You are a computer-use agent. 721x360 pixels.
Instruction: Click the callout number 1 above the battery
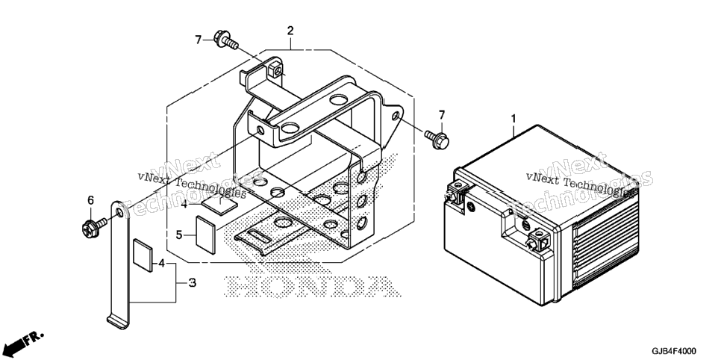514,118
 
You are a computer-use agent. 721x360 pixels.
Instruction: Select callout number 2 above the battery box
290,31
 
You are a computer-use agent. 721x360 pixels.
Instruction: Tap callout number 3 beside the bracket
193,283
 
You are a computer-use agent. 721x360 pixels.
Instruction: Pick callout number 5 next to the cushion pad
179,235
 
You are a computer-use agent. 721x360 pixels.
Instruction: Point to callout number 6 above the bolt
90,200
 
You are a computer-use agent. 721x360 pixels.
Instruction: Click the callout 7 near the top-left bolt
199,40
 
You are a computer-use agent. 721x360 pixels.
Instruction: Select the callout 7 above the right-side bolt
442,114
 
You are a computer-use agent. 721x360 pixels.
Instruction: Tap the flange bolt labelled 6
94,226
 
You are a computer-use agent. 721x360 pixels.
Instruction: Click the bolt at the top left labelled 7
225,40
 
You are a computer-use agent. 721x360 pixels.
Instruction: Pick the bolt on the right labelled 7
437,138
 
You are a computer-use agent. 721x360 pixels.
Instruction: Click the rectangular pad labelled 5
206,235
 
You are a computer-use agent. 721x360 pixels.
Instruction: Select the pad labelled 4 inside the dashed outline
219,202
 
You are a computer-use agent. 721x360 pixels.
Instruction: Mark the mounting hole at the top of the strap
119,213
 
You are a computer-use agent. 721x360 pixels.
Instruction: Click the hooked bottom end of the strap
118,322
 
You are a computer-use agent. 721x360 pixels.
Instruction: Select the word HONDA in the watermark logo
311,286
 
